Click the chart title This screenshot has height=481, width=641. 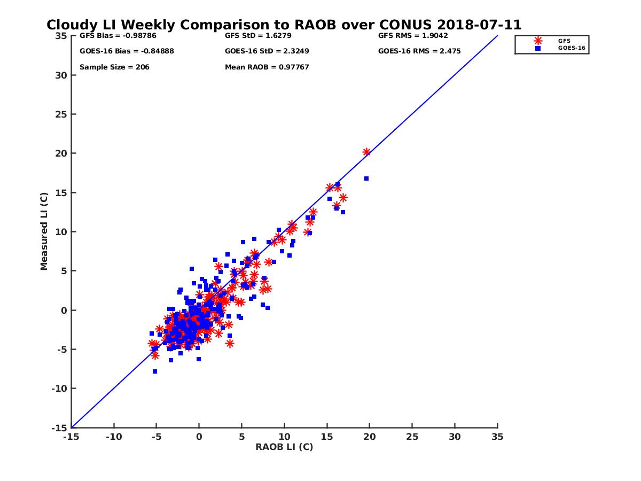[x=284, y=25]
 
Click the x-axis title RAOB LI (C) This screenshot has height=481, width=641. [x=284, y=447]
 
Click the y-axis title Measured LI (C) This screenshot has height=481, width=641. [x=44, y=231]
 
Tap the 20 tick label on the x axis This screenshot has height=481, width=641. [x=370, y=437]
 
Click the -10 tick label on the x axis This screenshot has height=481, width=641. [x=113, y=437]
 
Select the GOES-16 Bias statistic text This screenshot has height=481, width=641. [x=127, y=51]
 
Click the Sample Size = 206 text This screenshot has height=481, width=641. [x=114, y=67]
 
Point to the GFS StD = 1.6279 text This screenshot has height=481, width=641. [x=259, y=36]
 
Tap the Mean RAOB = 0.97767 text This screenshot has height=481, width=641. [x=267, y=67]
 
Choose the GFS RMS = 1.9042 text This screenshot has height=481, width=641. [x=413, y=36]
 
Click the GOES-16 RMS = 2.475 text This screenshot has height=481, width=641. [x=419, y=51]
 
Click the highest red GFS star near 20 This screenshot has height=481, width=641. [x=366, y=152]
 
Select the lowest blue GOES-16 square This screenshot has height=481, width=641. [x=155, y=371]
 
